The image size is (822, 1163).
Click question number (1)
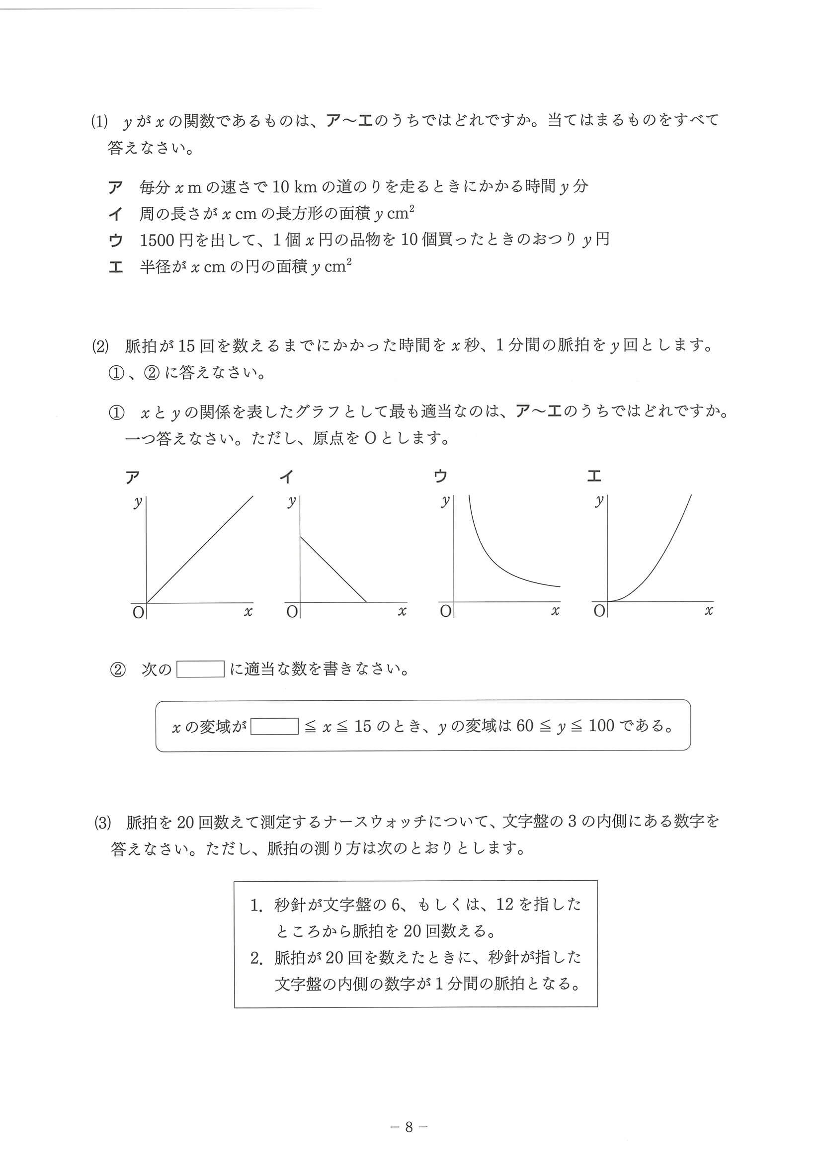100,122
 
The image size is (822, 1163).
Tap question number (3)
102,822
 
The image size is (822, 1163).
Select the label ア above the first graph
133,477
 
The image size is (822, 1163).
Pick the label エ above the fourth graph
593,476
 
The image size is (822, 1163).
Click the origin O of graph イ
292,612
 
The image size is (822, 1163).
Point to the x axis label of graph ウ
555,611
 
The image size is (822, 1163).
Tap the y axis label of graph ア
137,502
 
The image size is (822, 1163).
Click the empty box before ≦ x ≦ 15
274,726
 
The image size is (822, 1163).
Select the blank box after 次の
200,669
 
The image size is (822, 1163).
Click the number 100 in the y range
601,726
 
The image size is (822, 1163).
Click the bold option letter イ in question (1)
115,214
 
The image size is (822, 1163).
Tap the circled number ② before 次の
117,670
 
